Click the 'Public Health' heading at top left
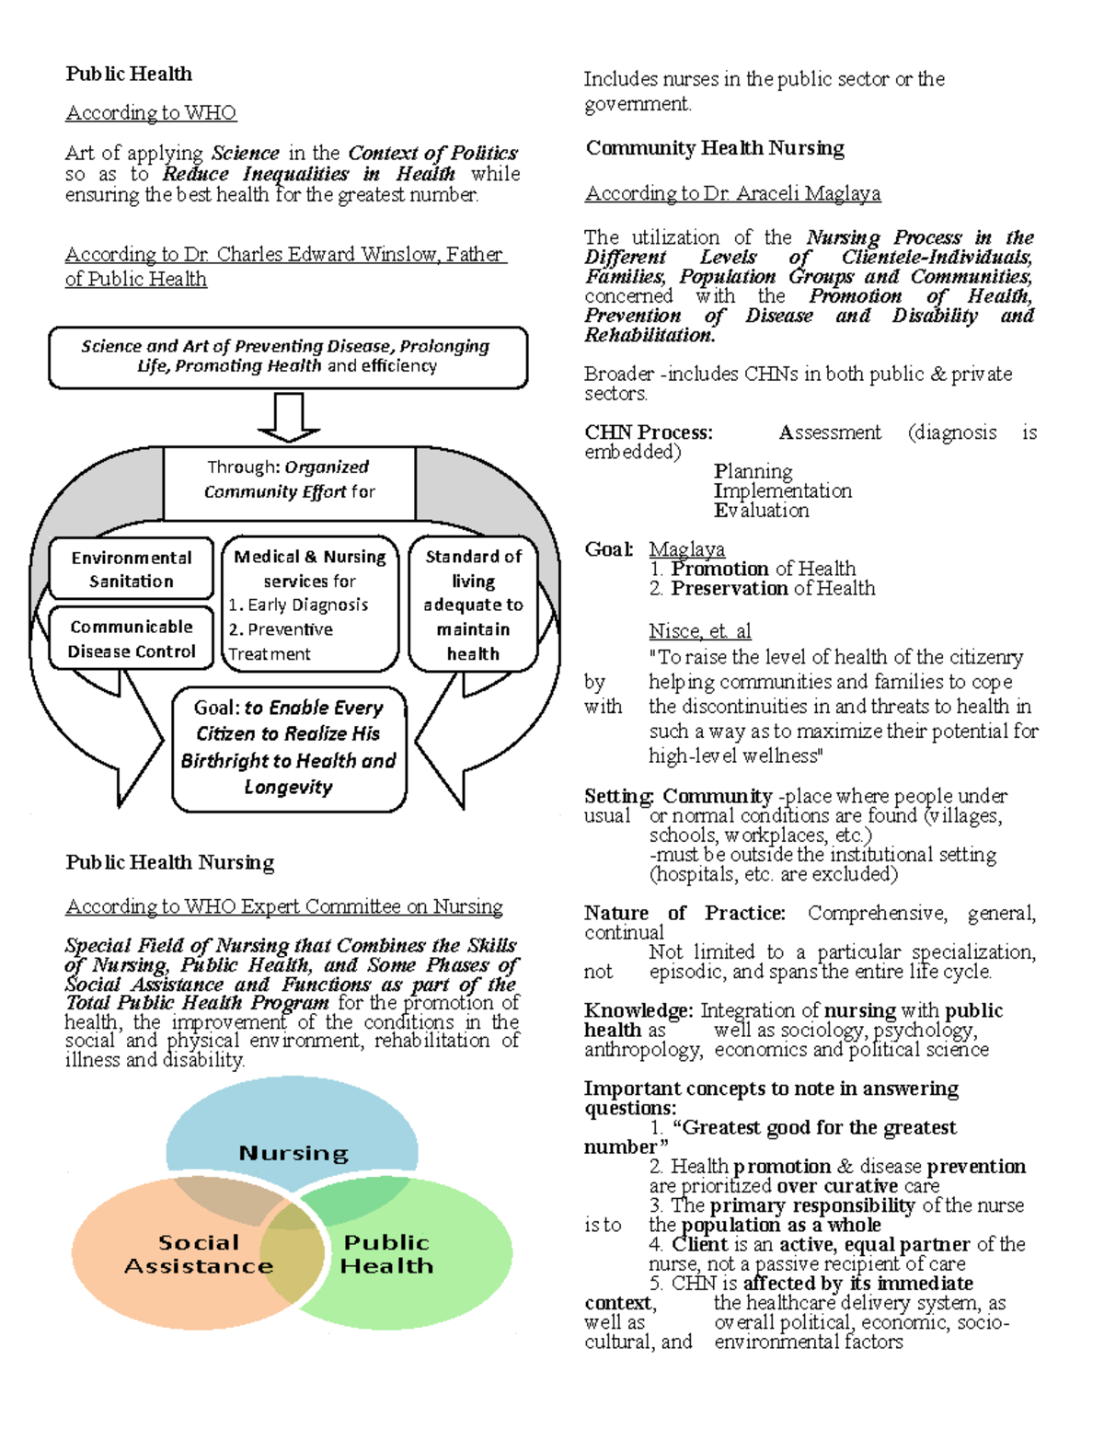coord(129,74)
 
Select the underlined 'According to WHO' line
coord(151,112)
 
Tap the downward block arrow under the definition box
coord(289,417)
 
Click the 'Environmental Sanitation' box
coord(132,569)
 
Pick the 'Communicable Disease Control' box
coord(132,639)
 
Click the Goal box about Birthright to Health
coord(289,747)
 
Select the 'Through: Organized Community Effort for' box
coord(289,479)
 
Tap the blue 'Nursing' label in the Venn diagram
coord(293,1153)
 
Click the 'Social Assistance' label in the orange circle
coord(199,1254)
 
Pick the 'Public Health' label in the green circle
coord(386,1254)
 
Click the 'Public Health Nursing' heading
coord(170,862)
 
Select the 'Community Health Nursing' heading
coord(715,148)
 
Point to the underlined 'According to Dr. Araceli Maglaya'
coord(733,193)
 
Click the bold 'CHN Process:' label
coord(649,432)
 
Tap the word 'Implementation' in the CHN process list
coord(783,490)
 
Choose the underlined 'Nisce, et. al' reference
coord(700,631)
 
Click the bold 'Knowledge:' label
coord(638,1010)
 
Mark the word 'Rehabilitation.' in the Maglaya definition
coord(650,335)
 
